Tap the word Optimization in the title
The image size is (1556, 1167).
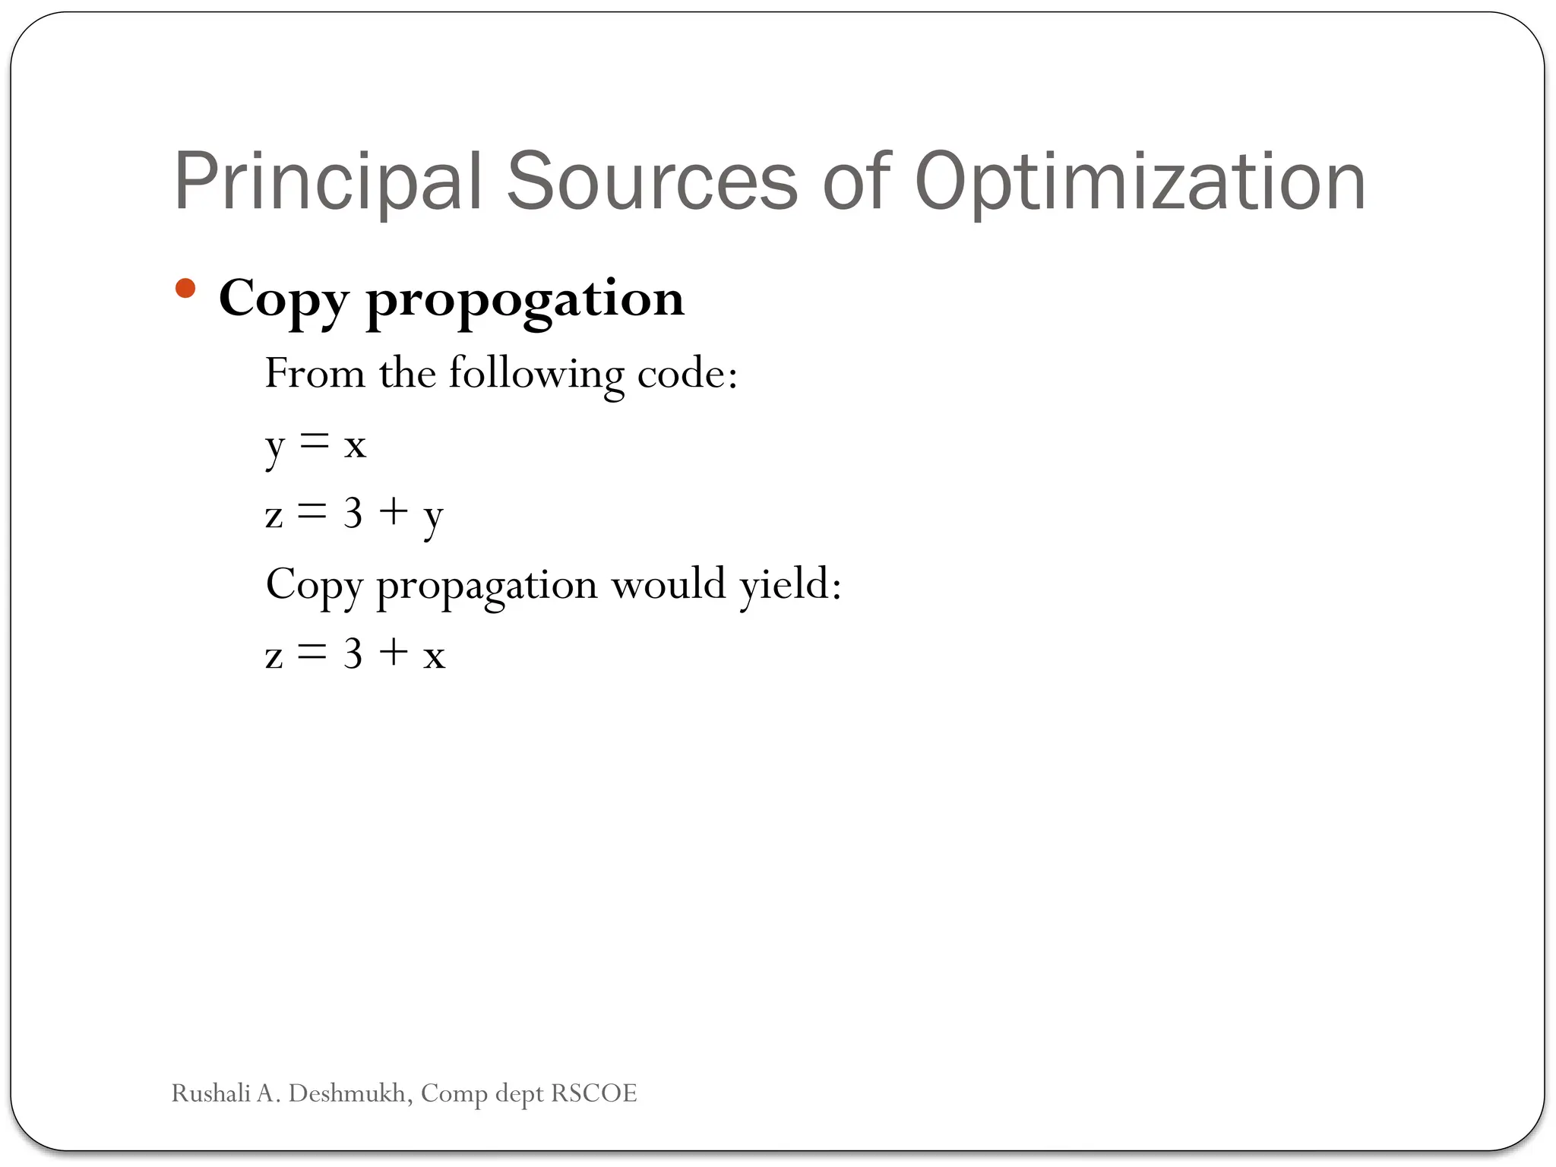point(1140,182)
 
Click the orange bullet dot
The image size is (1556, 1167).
point(185,289)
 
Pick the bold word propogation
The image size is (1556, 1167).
point(525,299)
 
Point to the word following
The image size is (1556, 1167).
point(536,374)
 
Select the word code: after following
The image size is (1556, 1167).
point(687,374)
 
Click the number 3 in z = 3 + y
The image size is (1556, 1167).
point(353,514)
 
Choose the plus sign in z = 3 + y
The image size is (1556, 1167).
point(394,512)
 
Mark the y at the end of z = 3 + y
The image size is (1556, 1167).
point(433,518)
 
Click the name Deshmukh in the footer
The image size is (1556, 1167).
point(350,1093)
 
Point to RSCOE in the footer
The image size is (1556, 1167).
point(593,1093)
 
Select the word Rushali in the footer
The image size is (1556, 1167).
point(210,1093)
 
